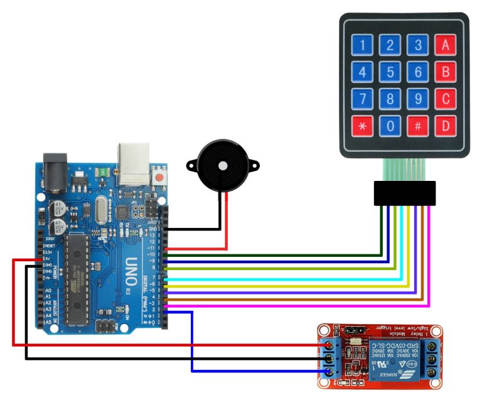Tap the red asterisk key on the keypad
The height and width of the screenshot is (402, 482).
click(362, 126)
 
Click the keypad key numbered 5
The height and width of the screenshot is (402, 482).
click(390, 72)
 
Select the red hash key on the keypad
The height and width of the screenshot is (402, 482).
click(417, 126)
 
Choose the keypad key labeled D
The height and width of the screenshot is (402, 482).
click(445, 126)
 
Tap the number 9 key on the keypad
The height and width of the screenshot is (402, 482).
click(417, 99)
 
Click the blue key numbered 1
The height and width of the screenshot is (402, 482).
click(362, 45)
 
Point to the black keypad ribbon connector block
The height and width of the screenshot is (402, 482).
click(404, 193)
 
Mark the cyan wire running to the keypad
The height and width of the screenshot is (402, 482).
click(282, 277)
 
